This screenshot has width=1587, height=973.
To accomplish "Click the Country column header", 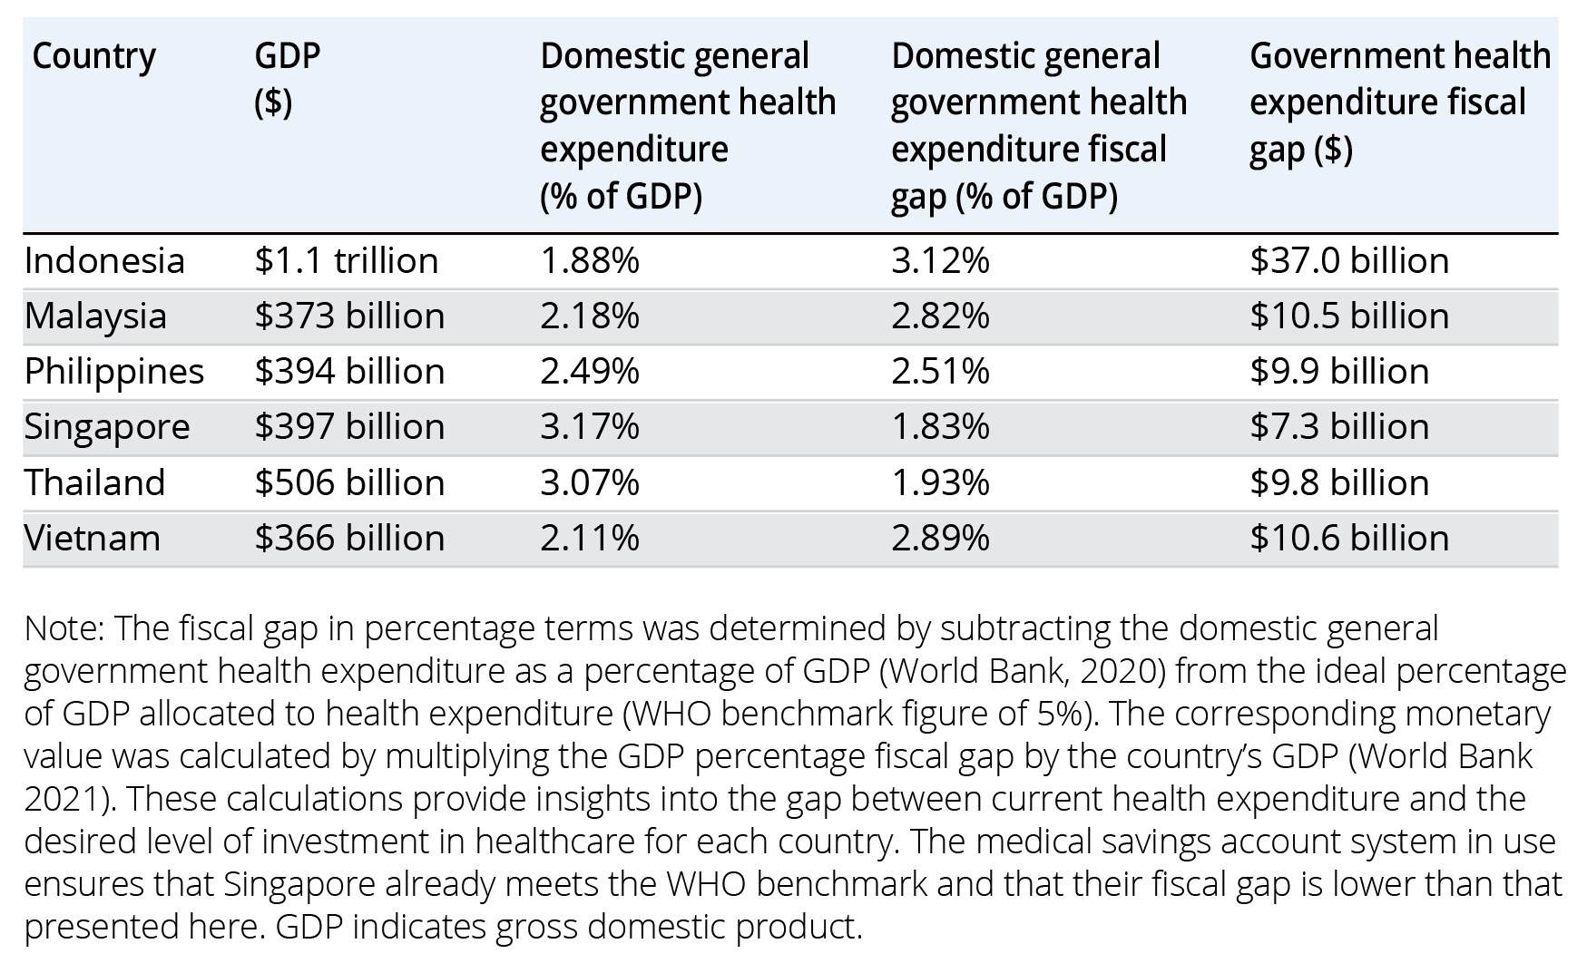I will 93,57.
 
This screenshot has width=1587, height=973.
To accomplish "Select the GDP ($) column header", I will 287,80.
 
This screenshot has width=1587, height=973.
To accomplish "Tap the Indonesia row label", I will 104,261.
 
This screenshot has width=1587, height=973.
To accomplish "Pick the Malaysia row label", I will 95,316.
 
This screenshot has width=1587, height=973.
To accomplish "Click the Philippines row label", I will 114,372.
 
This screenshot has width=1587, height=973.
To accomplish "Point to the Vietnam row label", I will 93,539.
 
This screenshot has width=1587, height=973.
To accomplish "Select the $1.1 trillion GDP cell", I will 347,261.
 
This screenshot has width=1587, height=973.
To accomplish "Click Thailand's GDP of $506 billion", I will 349,483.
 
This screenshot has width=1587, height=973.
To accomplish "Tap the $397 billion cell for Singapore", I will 349,427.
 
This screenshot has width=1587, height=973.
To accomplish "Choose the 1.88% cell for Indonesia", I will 590,261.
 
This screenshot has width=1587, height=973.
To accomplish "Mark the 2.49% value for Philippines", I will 590,372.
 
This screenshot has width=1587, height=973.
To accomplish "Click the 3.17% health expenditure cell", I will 590,427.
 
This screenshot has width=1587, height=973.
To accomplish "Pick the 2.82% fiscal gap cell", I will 940,316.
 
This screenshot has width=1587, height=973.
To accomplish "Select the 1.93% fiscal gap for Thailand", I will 940,483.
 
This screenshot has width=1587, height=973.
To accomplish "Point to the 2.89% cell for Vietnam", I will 940,539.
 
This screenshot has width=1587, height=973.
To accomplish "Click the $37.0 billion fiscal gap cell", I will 1349,261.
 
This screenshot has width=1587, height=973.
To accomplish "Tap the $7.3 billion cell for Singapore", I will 1339,427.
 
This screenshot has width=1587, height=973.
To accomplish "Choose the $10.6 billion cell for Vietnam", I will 1349,539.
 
